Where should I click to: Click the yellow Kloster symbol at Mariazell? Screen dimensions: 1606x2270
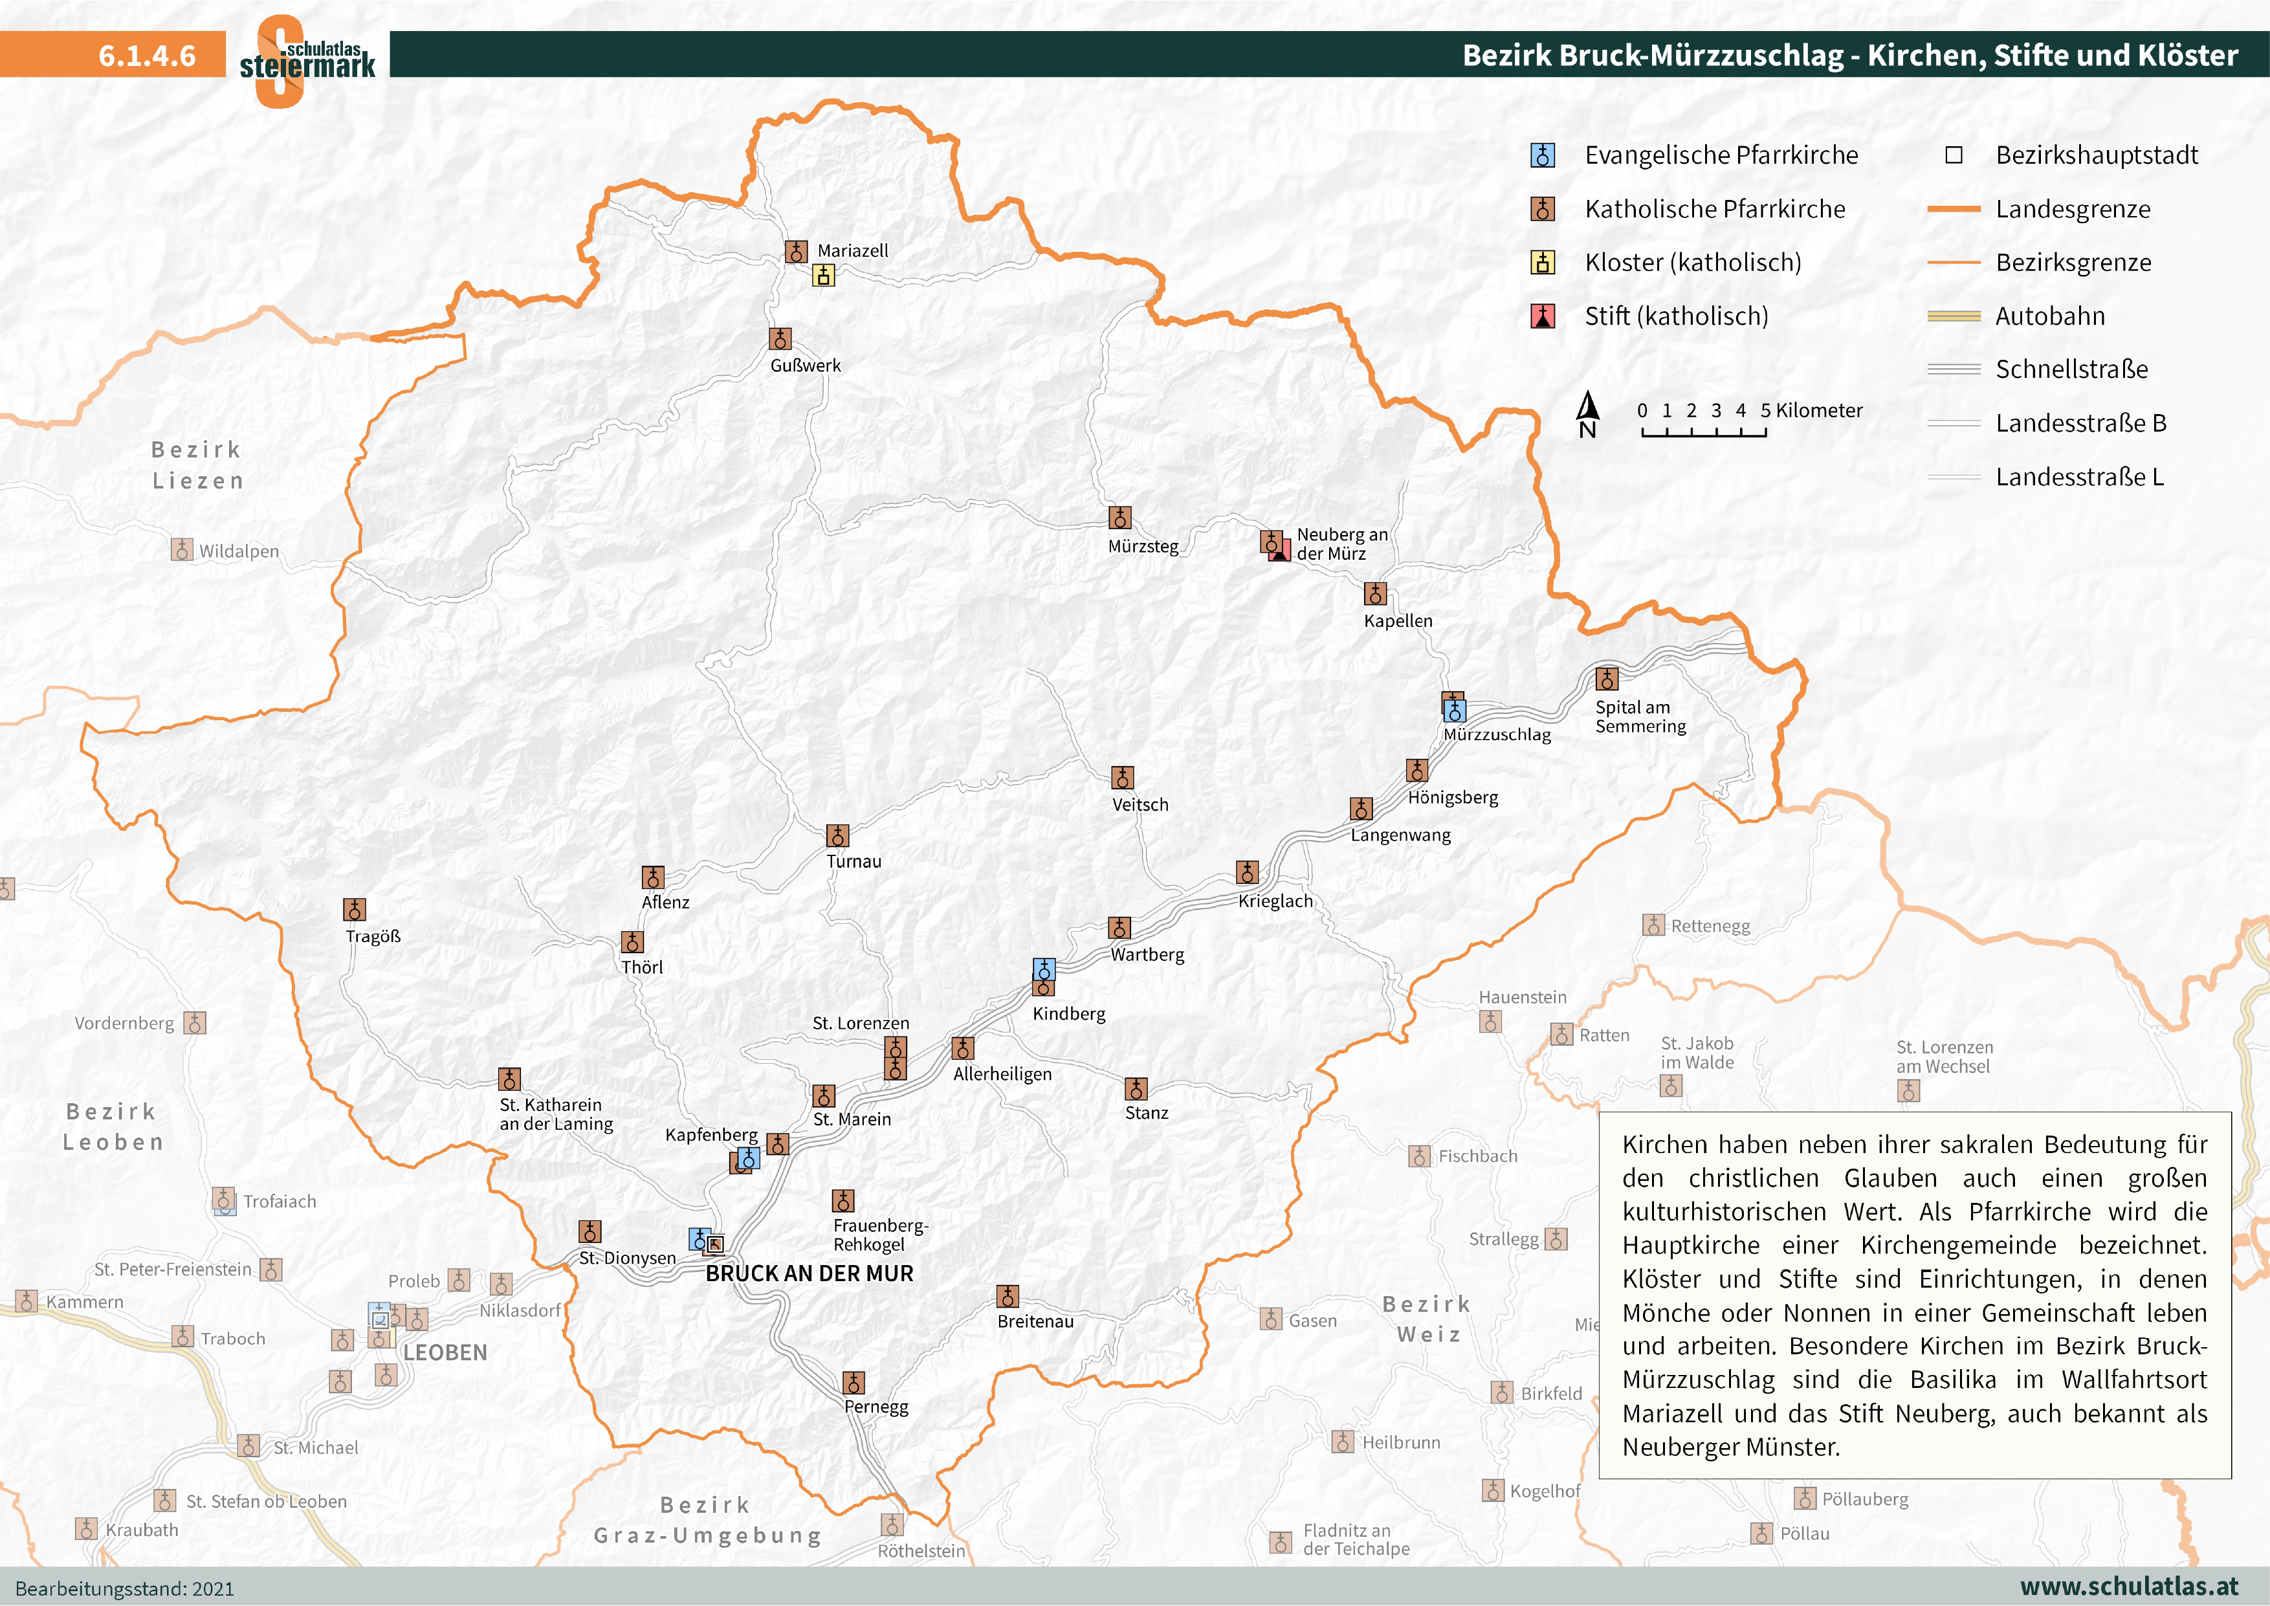(x=824, y=275)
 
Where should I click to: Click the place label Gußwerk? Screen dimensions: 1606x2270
(x=805, y=365)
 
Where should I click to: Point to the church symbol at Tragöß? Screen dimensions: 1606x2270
(x=354, y=909)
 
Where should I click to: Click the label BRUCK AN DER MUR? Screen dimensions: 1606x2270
(x=809, y=1273)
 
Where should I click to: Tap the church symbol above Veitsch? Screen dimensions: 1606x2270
(x=1122, y=776)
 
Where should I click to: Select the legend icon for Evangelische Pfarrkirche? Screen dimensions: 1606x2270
(x=1542, y=155)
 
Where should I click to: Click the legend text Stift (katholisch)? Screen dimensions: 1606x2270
(x=1676, y=316)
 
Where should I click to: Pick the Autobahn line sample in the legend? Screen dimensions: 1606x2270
(x=1954, y=316)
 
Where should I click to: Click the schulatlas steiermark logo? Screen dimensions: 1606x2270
(x=307, y=60)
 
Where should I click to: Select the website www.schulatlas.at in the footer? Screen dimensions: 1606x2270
(x=2129, y=1586)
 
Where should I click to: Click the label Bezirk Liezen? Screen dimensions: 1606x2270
(x=197, y=465)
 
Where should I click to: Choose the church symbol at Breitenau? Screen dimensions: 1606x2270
(x=1008, y=1295)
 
